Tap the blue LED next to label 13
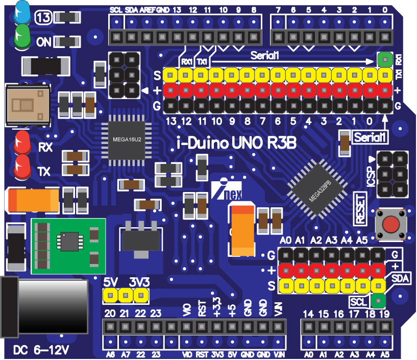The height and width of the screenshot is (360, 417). (22, 12)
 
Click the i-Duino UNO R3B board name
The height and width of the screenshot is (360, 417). (236, 143)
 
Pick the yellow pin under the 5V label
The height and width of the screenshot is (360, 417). (110, 295)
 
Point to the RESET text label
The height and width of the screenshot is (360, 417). (360, 208)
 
